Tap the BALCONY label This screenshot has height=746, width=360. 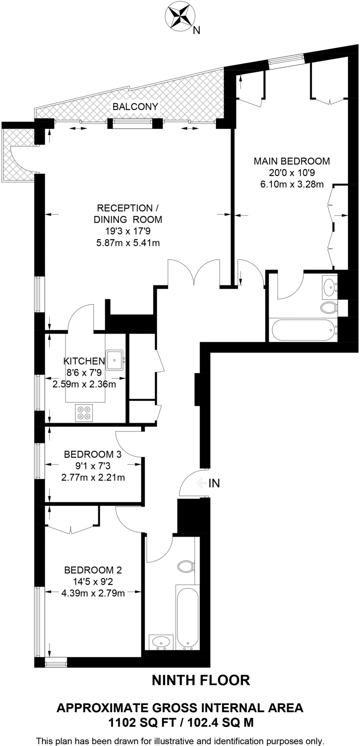[x=135, y=106]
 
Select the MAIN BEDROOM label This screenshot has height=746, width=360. [x=291, y=161]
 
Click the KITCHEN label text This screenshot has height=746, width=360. [x=84, y=361]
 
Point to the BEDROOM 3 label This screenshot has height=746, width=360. [x=93, y=454]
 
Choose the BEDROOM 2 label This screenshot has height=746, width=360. [x=93, y=570]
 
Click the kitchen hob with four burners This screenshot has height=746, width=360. [x=84, y=413]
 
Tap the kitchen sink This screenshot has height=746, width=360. [x=115, y=360]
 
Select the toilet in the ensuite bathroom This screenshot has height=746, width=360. [x=329, y=308]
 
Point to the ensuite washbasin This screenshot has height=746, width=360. [x=329, y=285]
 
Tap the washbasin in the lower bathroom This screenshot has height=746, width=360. [x=160, y=641]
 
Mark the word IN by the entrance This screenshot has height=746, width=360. [x=214, y=483]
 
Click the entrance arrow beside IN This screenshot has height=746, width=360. [x=201, y=483]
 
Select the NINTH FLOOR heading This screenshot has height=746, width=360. [x=201, y=680]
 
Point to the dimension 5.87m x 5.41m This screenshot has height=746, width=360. [x=128, y=243]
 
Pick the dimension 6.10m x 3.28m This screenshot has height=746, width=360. [x=291, y=184]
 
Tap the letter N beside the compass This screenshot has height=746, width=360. [x=196, y=31]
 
